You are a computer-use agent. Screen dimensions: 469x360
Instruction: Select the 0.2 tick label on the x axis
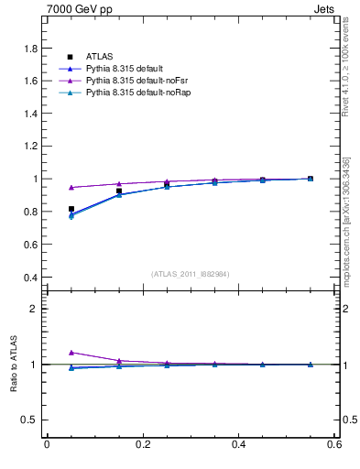(x=142, y=444)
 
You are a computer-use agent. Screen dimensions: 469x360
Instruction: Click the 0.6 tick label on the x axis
(x=334, y=444)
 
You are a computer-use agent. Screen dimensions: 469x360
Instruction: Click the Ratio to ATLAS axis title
(x=13, y=365)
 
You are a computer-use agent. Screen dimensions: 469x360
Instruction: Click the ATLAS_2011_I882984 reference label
(x=190, y=274)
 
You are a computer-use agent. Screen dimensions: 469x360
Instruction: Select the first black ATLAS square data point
(x=71, y=209)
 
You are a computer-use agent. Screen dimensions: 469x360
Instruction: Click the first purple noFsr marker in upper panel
(x=71, y=187)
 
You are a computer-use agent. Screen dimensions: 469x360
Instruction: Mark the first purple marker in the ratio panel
(x=71, y=352)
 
